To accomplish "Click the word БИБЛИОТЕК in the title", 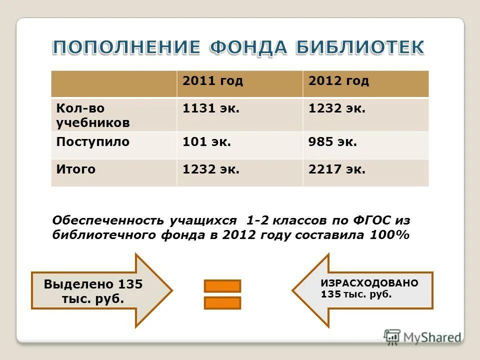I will click(359, 48).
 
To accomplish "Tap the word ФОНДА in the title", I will click(248, 48).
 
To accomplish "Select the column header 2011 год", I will click(213, 81).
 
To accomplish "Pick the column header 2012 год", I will click(338, 81).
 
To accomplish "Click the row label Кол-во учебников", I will click(93, 115).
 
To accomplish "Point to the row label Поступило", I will click(93, 141).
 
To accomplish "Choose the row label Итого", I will click(76, 169).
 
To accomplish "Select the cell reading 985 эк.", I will click(332, 141).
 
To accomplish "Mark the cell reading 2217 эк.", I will click(336, 169).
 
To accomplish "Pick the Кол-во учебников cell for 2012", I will click(336, 108).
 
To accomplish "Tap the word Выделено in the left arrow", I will click(78, 284).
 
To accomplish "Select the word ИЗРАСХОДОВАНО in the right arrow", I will click(369, 283).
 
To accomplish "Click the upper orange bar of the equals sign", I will click(222, 286).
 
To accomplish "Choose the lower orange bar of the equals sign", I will click(222, 303).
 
